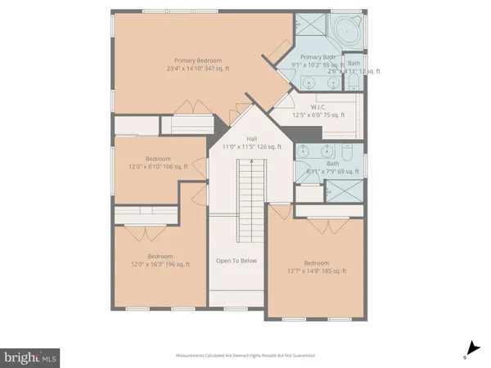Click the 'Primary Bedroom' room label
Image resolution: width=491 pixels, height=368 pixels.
[x=197, y=60]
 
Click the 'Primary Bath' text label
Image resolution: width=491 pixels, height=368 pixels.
[x=318, y=56]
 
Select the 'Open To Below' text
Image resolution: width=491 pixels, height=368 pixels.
[x=236, y=261]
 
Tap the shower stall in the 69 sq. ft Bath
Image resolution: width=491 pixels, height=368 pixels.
[x=343, y=192]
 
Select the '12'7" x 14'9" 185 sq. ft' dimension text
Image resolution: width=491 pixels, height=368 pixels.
[x=317, y=271]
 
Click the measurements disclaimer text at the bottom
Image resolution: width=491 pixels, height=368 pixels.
[x=245, y=356]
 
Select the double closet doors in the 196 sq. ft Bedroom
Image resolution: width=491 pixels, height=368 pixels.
[x=147, y=232]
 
